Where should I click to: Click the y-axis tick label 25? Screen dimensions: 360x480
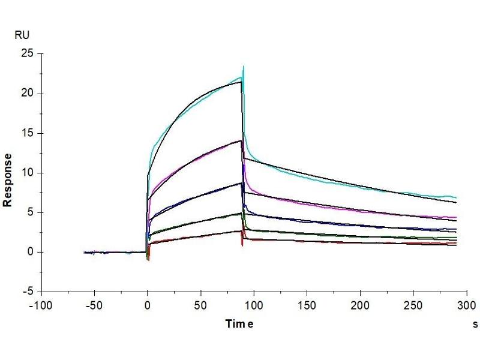tap(26, 53)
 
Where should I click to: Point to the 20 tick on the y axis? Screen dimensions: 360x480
tap(26, 93)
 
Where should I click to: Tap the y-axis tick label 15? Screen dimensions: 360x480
tap(26, 133)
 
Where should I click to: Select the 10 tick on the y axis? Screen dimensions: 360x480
tap(26, 173)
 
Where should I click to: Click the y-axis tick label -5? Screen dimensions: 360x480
tap(27, 292)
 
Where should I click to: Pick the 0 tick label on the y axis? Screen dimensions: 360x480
tap(29, 252)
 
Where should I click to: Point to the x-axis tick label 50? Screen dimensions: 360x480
tap(200, 305)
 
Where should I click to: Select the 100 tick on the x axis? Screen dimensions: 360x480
tap(254, 305)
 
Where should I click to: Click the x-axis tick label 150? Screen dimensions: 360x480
tap(307, 305)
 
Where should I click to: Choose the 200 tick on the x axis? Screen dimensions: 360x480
tap(360, 305)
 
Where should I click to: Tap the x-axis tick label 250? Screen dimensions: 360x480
tap(413, 305)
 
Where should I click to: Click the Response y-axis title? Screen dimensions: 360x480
tap(8, 180)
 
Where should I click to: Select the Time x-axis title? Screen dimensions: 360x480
tap(239, 324)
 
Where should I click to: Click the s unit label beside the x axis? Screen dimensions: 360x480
tap(475, 324)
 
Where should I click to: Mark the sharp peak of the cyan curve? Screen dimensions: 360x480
tap(243, 67)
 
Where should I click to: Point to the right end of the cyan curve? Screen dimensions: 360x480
tap(456, 197)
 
